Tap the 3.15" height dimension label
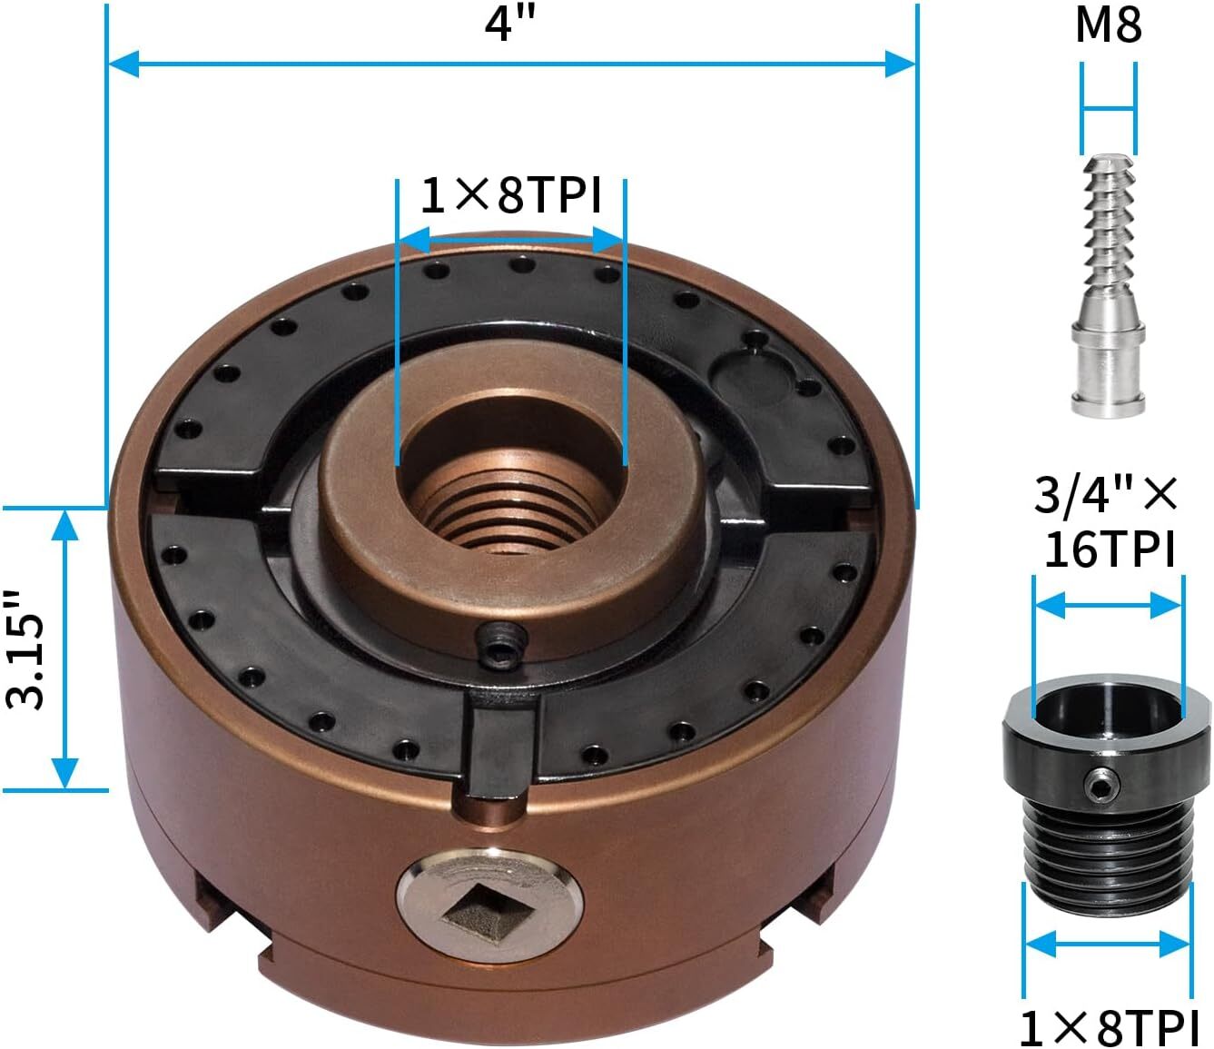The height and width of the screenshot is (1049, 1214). coord(25,649)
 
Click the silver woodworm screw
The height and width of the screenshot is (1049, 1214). coord(1108,285)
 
